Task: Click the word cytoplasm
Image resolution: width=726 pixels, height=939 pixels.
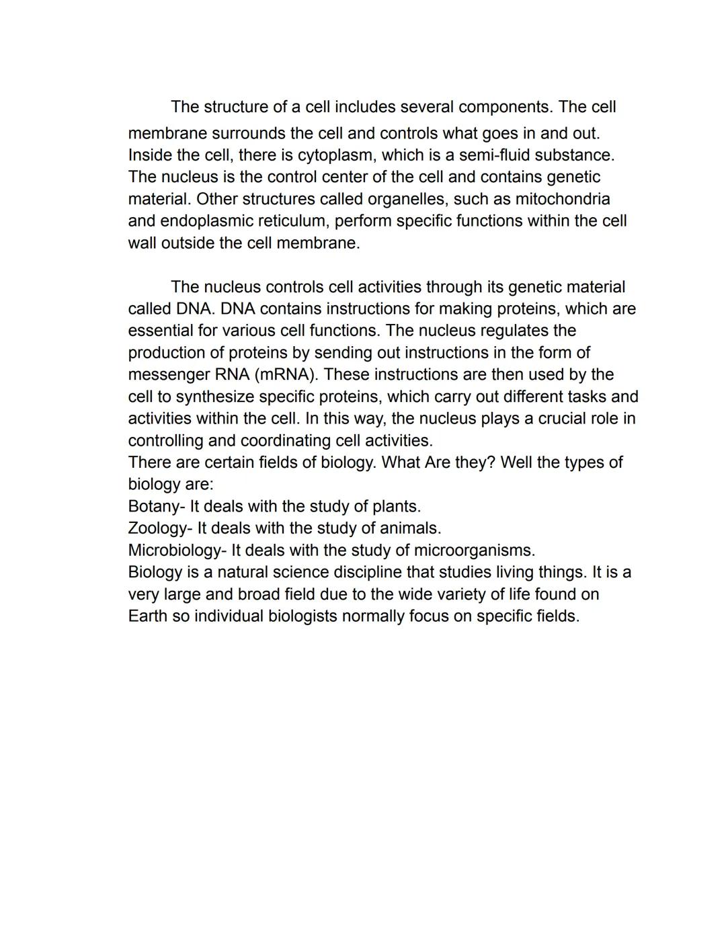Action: coord(336,155)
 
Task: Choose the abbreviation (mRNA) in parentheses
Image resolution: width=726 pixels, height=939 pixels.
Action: coord(286,374)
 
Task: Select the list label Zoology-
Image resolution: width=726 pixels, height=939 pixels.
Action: coord(160,528)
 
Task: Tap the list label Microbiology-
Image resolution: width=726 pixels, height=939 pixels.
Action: coord(177,550)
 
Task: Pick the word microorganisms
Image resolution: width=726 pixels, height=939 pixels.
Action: coord(474,550)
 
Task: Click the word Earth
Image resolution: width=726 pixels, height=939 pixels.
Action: coord(147,616)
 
